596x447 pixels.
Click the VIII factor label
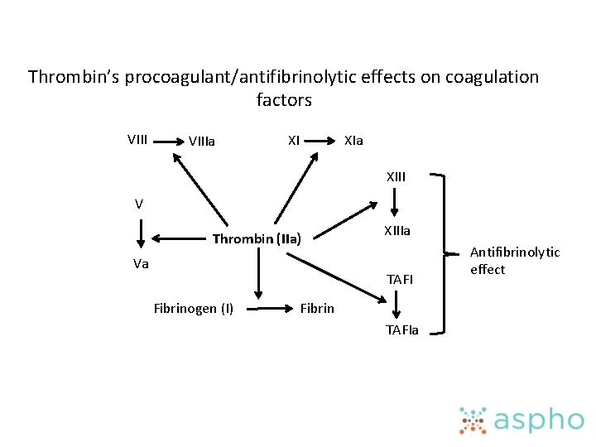coord(137,139)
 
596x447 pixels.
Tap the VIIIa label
coord(202,142)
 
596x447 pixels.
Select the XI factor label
coord(294,139)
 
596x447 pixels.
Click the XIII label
coord(396,176)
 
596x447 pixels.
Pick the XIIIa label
coord(396,231)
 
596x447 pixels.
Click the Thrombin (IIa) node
coord(257,240)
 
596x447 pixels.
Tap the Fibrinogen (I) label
coord(194,309)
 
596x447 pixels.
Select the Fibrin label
coord(317,309)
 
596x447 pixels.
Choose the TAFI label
coord(399,279)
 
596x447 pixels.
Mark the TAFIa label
coord(402,330)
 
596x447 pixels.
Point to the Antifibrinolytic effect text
coord(514,260)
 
